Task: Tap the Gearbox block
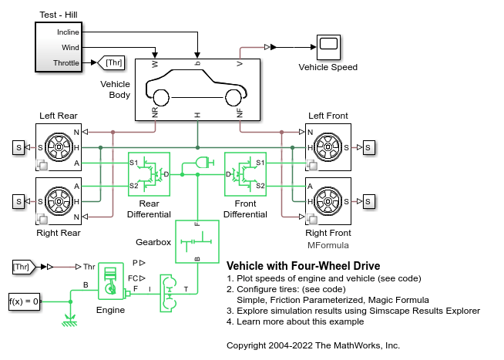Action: [197, 241]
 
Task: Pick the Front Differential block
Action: [245, 174]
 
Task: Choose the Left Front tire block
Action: [328, 146]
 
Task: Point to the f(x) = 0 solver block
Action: [24, 301]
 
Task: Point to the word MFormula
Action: [328, 245]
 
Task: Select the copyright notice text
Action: [314, 345]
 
